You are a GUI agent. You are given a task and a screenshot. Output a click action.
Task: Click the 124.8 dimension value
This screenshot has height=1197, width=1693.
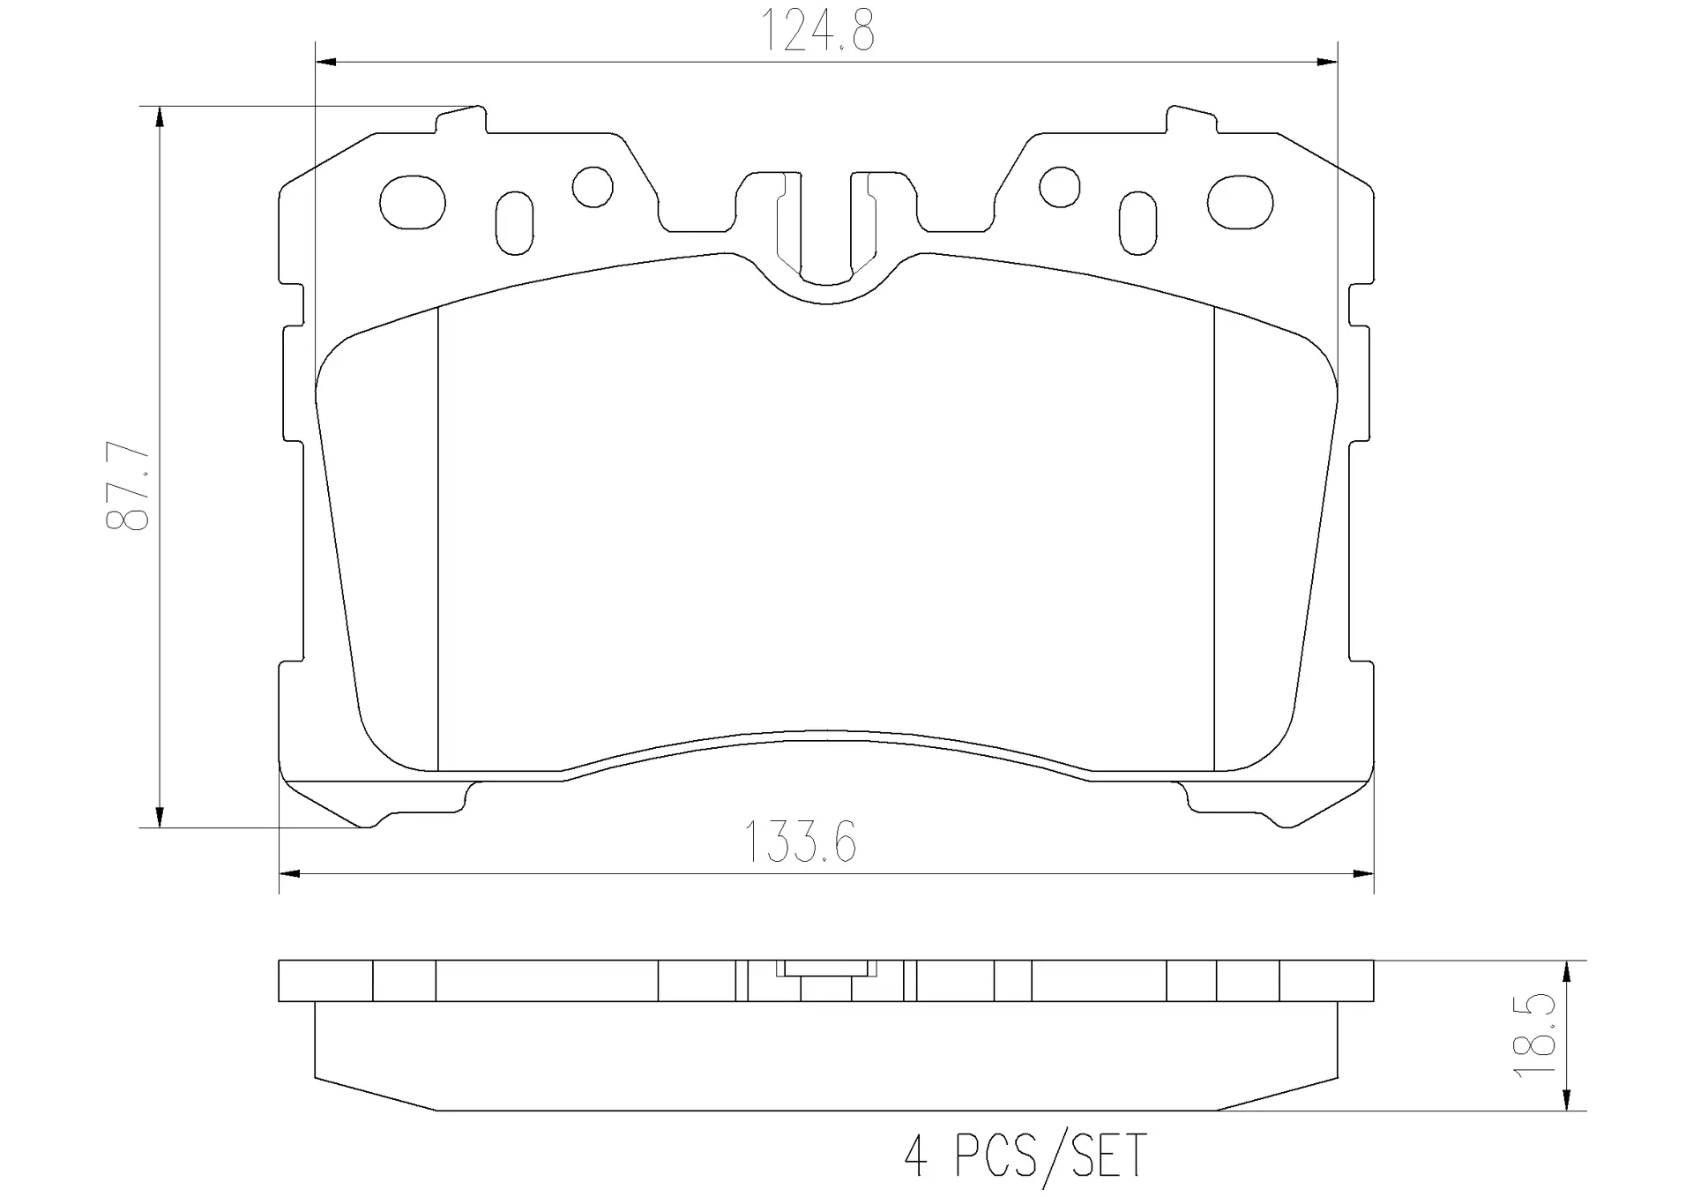click(817, 31)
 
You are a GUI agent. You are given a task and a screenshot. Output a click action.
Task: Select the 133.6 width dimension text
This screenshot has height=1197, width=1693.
click(800, 842)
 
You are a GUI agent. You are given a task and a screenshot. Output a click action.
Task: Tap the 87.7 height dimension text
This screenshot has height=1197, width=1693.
click(129, 488)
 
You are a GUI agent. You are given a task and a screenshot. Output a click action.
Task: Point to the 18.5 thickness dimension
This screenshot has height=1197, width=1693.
click(1534, 1035)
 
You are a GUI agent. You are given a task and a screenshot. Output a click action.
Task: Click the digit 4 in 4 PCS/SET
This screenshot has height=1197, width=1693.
click(916, 1156)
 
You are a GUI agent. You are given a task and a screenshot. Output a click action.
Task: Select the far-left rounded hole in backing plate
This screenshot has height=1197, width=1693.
click(412, 202)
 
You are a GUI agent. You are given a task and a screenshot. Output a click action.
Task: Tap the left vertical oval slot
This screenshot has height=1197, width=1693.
click(515, 222)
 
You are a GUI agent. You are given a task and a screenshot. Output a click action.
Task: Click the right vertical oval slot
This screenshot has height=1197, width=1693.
click(1137, 222)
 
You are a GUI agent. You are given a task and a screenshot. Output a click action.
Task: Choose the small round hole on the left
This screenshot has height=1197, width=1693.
click(593, 186)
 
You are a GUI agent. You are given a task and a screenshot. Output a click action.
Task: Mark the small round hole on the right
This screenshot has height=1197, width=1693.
click(1059, 186)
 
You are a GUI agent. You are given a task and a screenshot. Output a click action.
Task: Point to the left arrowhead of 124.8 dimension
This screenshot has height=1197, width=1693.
click(325, 62)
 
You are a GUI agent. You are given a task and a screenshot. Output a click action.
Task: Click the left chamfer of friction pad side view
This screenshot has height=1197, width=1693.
click(375, 1094)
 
